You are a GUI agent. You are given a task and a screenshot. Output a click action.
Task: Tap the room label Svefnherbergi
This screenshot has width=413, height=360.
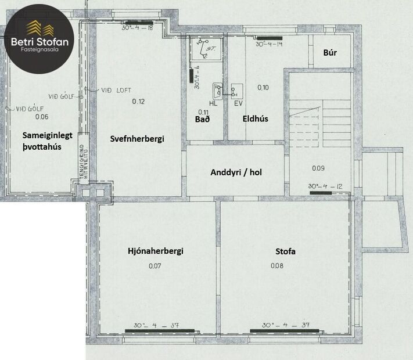pos(138,139)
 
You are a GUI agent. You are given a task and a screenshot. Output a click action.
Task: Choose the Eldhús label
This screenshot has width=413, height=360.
pos(255,119)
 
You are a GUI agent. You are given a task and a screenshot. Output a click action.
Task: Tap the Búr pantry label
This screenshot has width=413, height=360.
pos(330,52)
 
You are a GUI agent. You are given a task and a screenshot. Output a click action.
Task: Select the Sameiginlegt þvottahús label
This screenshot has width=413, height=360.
pos(47,141)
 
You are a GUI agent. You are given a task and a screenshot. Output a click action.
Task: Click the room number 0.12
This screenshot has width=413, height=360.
pos(138,102)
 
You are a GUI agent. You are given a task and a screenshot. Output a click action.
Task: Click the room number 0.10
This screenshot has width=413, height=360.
pos(263,88)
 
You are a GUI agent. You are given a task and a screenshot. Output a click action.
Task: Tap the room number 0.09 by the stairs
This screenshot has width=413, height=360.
pos(318,168)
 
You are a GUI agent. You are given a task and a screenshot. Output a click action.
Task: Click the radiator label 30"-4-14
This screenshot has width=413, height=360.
pos(268,44)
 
